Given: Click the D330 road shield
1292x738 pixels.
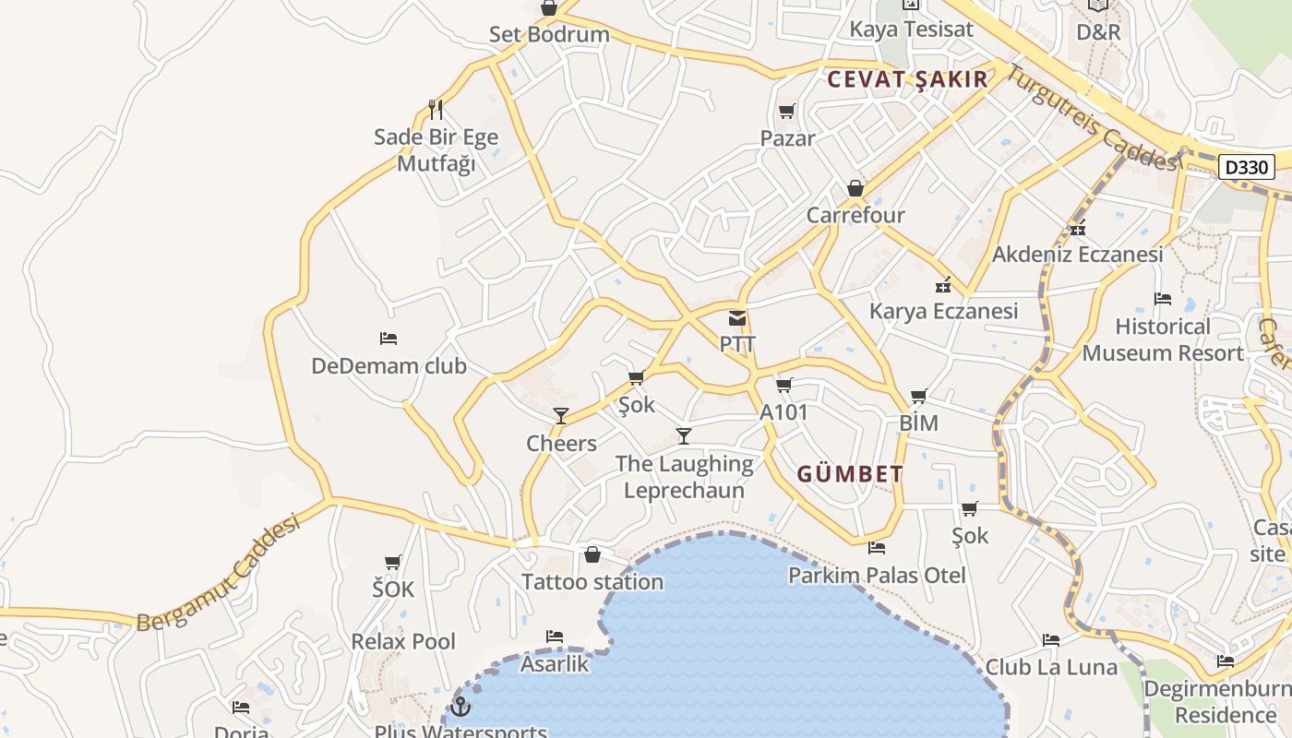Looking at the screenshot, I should pyautogui.click(x=1247, y=167).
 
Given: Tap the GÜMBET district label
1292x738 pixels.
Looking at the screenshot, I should pyautogui.click(x=850, y=475).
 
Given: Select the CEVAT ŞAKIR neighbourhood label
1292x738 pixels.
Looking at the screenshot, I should pyautogui.click(x=908, y=79).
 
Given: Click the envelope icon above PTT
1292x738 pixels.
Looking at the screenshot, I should pyautogui.click(x=737, y=319).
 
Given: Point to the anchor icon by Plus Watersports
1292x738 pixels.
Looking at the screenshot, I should pyautogui.click(x=460, y=708).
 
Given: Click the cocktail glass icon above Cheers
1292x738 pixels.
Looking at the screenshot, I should pyautogui.click(x=561, y=415).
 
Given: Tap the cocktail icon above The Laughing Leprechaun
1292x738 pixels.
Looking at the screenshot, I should pyautogui.click(x=684, y=435).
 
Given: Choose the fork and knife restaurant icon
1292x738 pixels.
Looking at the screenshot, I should pyautogui.click(x=436, y=110).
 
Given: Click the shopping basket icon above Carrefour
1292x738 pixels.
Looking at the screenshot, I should pyautogui.click(x=855, y=188).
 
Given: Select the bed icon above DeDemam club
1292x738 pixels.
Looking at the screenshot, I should pyautogui.click(x=389, y=339).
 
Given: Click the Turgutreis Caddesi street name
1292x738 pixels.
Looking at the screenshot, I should pyautogui.click(x=1092, y=118).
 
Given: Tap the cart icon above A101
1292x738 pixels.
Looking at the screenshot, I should pyautogui.click(x=784, y=385).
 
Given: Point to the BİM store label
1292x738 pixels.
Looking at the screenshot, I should pyautogui.click(x=918, y=423).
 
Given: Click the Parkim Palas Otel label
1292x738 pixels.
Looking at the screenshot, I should pyautogui.click(x=877, y=576).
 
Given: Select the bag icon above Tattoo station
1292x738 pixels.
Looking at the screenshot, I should pyautogui.click(x=592, y=554).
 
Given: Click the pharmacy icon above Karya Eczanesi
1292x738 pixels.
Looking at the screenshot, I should pyautogui.click(x=943, y=285).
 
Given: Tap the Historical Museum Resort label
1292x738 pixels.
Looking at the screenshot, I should pyautogui.click(x=1163, y=339).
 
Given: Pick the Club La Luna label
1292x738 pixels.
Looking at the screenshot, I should pyautogui.click(x=1051, y=667).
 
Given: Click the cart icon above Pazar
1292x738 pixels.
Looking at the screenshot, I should pyautogui.click(x=787, y=112).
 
